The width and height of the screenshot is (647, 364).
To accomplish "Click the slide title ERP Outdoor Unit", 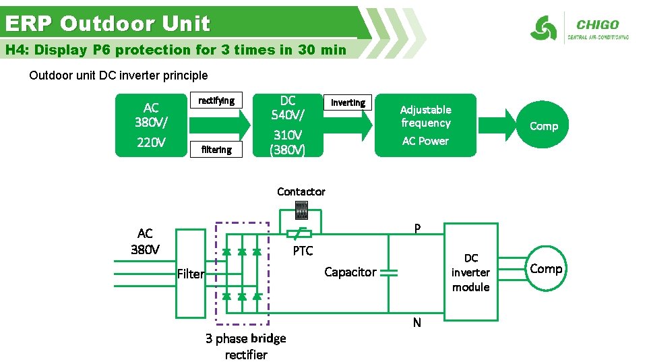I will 108,24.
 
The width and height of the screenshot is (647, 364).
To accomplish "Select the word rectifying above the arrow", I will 216,101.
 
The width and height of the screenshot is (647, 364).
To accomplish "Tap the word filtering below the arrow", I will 216,150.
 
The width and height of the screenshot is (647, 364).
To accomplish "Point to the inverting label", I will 348,102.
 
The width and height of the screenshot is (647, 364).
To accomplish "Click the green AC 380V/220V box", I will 151,125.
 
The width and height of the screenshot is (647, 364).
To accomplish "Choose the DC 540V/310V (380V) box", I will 287,125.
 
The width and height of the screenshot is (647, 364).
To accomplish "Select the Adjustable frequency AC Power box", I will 425,125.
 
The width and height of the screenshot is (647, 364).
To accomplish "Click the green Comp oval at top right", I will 544,125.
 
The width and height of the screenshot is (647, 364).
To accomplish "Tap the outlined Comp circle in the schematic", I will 545,269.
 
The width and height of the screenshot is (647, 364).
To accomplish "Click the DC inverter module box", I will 470,272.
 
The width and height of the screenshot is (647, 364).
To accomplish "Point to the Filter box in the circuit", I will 190,273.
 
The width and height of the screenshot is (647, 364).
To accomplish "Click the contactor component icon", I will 301,210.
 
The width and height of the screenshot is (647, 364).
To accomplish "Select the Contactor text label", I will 301,192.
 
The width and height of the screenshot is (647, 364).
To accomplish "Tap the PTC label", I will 303,251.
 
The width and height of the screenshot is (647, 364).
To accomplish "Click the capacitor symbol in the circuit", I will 388,272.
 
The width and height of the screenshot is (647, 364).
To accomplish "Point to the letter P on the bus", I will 417,229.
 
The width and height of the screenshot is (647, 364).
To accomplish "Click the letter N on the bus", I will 417,323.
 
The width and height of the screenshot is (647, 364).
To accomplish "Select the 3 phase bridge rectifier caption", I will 246,346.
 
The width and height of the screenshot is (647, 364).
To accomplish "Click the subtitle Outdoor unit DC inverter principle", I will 119,75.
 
